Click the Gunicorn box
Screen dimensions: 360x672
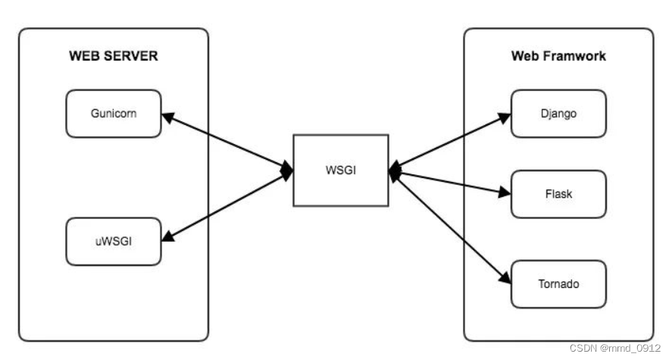pyautogui.click(x=114, y=114)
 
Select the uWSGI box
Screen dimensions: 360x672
pyautogui.click(x=114, y=242)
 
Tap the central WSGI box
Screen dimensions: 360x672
pyautogui.click(x=341, y=170)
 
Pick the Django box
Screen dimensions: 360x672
pyautogui.click(x=558, y=114)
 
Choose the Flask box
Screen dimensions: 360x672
pyautogui.click(x=558, y=194)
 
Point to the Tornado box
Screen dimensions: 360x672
pyautogui.click(x=558, y=284)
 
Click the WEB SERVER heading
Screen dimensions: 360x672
pyautogui.click(x=114, y=56)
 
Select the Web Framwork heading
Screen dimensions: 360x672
pyautogui.click(x=558, y=56)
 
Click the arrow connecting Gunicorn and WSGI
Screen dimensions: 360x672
pyautogui.click(x=227, y=142)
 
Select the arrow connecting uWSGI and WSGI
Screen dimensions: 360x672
pyautogui.click(x=227, y=207)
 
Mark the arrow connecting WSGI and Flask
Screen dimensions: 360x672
pyautogui.click(x=451, y=183)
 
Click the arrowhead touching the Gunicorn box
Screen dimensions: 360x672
pyautogui.click(x=167, y=117)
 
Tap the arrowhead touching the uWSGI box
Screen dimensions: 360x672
pyautogui.click(x=167, y=238)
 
